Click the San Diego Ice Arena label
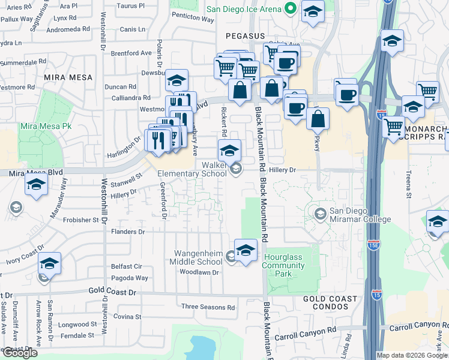tap(244, 9)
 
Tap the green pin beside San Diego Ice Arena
tap(291, 9)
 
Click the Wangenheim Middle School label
tap(199, 257)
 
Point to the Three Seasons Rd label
tap(208, 307)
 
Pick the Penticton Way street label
tap(193, 19)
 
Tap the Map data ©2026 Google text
tap(411, 355)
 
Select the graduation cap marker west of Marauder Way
tap(37, 186)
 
